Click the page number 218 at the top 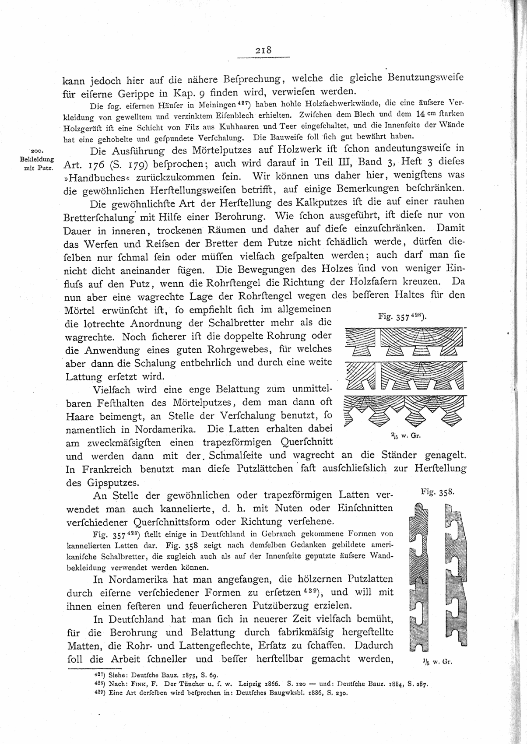click(263, 50)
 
